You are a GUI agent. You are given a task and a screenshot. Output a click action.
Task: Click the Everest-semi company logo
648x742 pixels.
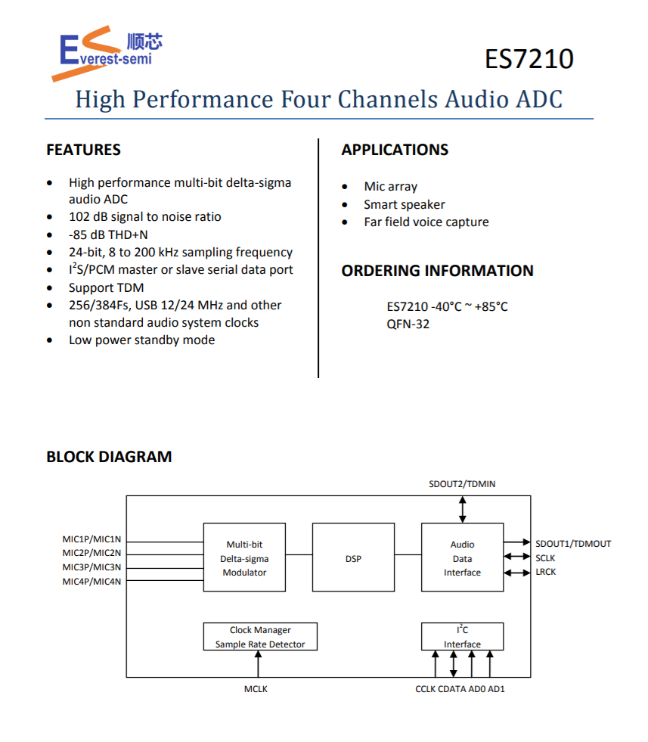pyautogui.click(x=107, y=53)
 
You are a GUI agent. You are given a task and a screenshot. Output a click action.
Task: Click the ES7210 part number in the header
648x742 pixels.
pyautogui.click(x=529, y=59)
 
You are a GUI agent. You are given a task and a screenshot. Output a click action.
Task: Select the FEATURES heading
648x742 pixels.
pyautogui.click(x=83, y=150)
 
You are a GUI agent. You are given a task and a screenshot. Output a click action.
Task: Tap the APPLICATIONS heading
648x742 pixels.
pyautogui.click(x=395, y=150)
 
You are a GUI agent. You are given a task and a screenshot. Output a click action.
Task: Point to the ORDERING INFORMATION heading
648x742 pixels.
pyautogui.click(x=438, y=271)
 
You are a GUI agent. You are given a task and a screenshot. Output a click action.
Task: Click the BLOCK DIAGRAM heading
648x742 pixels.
pyautogui.click(x=110, y=457)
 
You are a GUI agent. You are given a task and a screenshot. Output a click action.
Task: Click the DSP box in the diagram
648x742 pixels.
pyautogui.click(x=353, y=557)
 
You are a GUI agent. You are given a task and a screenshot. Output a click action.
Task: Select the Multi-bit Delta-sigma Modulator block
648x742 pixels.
pyautogui.click(x=244, y=557)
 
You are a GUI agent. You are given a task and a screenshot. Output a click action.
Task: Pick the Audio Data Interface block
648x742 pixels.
pyautogui.click(x=462, y=557)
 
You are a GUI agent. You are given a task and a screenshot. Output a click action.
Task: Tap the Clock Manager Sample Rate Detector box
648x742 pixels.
pyautogui.click(x=260, y=636)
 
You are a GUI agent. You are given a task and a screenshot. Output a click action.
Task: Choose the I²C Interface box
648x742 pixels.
pyautogui.click(x=462, y=636)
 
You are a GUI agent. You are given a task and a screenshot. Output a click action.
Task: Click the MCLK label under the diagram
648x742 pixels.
pyautogui.click(x=256, y=689)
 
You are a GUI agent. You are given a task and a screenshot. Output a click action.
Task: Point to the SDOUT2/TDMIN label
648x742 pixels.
pyautogui.click(x=462, y=484)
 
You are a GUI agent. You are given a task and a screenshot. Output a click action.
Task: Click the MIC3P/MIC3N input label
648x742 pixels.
pyautogui.click(x=91, y=567)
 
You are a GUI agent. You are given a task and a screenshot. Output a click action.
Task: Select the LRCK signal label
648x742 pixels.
pyautogui.click(x=546, y=572)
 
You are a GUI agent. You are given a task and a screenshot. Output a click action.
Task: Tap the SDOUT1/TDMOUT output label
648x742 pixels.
pyautogui.click(x=573, y=544)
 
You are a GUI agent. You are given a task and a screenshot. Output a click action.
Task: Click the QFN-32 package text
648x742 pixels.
pyautogui.click(x=408, y=324)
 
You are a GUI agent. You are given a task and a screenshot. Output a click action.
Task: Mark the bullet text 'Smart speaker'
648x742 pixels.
pyautogui.click(x=405, y=204)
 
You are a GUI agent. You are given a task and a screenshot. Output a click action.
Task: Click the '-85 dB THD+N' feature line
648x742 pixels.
pyautogui.click(x=108, y=234)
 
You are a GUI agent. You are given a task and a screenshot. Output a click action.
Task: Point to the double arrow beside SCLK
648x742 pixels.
pyautogui.click(x=517, y=557)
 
